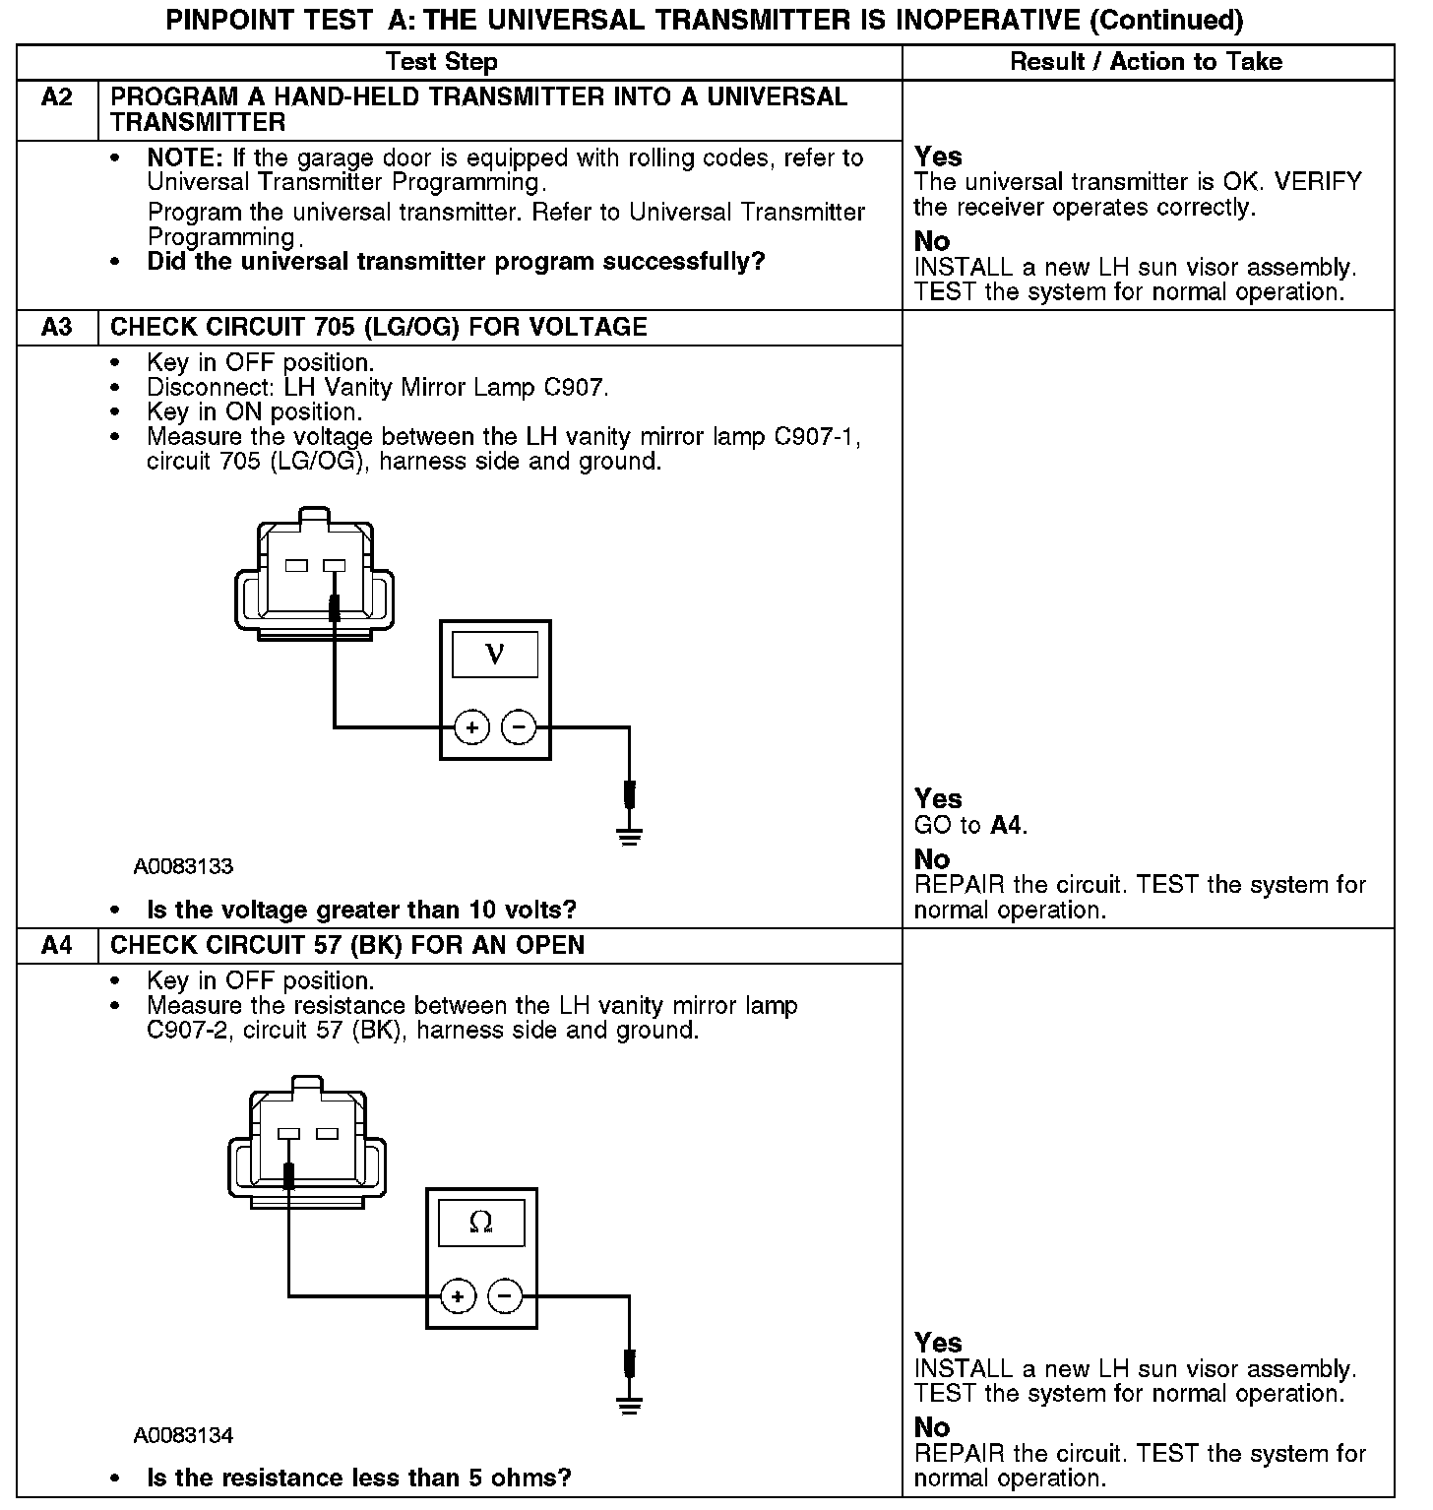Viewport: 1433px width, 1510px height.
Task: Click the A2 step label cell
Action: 57,97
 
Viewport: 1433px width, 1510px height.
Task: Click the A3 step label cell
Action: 57,328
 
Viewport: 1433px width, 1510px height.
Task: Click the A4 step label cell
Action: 57,946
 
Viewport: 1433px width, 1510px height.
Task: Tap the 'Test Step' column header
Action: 442,62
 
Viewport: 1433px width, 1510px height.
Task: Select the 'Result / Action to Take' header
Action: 1147,62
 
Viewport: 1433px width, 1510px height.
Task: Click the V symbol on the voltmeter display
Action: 495,655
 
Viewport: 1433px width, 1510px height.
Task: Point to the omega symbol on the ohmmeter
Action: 481,1223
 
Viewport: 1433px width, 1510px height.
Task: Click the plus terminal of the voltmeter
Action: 472,727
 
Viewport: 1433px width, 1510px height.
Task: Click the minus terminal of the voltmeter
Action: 519,727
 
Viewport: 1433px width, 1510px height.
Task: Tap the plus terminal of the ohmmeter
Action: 459,1295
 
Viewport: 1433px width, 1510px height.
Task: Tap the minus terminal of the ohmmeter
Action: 505,1295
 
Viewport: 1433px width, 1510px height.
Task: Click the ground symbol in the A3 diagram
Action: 630,837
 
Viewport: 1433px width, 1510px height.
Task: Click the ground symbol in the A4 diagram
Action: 630,1405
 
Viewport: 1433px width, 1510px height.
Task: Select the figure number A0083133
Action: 184,867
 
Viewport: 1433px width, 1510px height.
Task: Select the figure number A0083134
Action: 184,1435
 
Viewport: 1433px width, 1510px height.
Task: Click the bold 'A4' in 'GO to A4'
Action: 1006,826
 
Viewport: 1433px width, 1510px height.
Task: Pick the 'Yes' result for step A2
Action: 938,157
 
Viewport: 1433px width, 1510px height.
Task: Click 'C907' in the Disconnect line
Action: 575,388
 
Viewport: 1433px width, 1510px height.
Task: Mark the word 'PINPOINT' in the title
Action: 216,21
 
